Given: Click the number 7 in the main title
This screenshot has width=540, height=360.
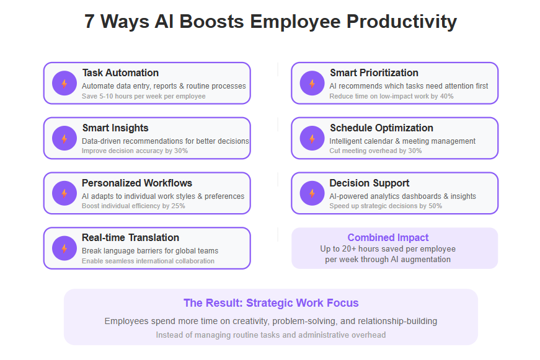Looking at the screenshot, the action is pyautogui.click(x=89, y=21).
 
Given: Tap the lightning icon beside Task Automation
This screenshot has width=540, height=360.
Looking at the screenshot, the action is pyautogui.click(x=64, y=83).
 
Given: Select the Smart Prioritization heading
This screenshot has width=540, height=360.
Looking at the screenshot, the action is pyautogui.click(x=374, y=72).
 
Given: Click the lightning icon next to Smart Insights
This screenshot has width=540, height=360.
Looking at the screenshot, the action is pyautogui.click(x=64, y=138).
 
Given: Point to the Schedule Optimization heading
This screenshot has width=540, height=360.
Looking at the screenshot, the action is pyautogui.click(x=381, y=128).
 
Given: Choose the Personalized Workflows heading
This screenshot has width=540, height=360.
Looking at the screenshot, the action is pyautogui.click(x=137, y=183).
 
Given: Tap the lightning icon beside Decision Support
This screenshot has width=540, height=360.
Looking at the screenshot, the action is pyautogui.click(x=312, y=193).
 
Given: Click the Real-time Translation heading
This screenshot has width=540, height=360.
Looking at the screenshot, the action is pyautogui.click(x=131, y=237).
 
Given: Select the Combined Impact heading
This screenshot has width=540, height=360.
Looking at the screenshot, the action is pyautogui.click(x=387, y=237).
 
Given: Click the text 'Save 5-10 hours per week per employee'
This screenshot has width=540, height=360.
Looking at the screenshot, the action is pyautogui.click(x=144, y=97).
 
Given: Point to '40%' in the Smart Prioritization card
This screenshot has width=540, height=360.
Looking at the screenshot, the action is pyautogui.click(x=446, y=97).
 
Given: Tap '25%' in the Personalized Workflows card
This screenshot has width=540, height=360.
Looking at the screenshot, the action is pyautogui.click(x=178, y=206).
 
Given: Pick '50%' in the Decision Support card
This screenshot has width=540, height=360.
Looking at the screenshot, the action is pyautogui.click(x=435, y=206).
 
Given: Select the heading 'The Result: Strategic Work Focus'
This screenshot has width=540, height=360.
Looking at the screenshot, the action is pyautogui.click(x=271, y=303).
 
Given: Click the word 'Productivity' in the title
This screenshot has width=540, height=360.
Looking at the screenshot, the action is pyautogui.click(x=402, y=21).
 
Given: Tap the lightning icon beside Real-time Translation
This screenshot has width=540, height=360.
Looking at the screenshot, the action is pyautogui.click(x=64, y=248).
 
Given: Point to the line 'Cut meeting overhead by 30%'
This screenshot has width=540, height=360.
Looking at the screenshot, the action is pyautogui.click(x=375, y=151).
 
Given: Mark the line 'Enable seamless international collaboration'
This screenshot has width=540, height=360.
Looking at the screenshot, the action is pyautogui.click(x=148, y=261).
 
